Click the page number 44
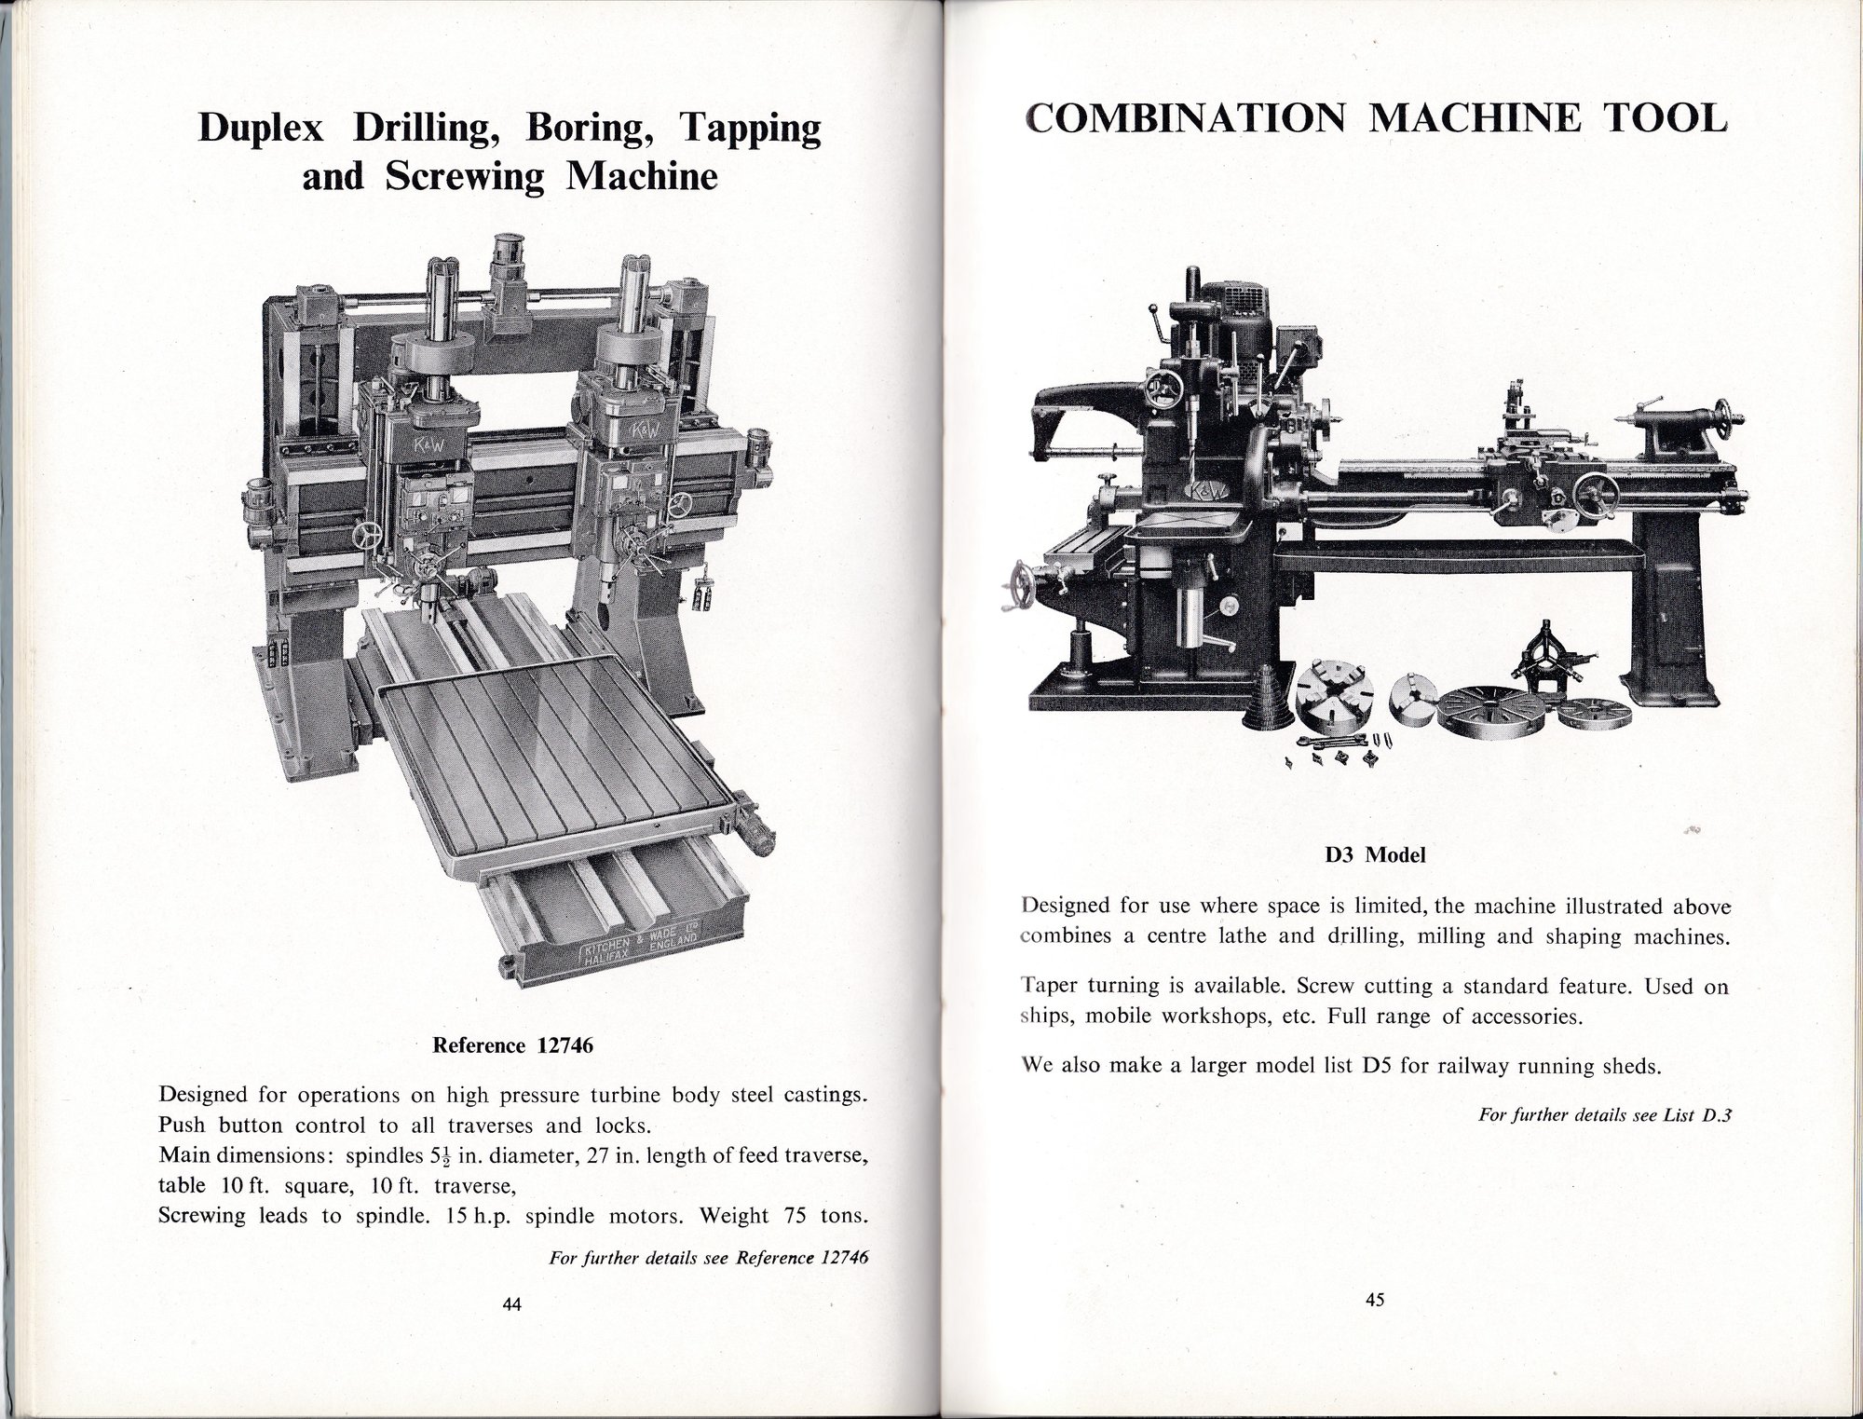pos(511,1305)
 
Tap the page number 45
pos(1376,1300)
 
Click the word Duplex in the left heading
pos(261,129)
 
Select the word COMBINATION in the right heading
pos(1184,119)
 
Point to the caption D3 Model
pos(1375,854)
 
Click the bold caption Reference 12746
pos(512,1045)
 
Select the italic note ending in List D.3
pos(1604,1114)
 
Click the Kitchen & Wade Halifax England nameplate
pos(640,944)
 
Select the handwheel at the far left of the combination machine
pos(1023,588)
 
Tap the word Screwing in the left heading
pos(464,177)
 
